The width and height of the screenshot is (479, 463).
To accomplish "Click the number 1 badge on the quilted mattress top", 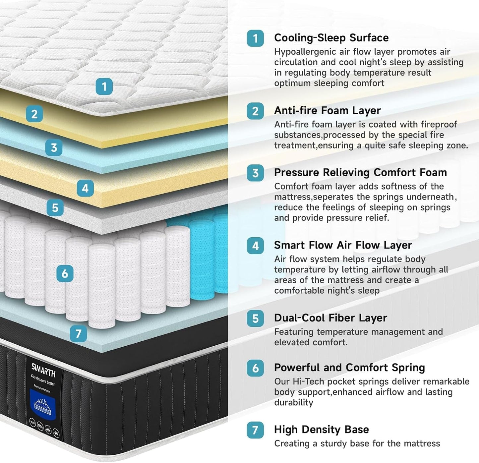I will tap(104, 87).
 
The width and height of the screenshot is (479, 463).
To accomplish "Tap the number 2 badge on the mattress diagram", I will tap(34, 114).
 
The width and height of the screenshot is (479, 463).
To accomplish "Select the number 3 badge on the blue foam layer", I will tap(54, 147).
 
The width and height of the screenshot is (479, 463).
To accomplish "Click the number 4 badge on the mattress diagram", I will tap(85, 188).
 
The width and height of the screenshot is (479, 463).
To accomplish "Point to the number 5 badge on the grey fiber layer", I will tap(55, 208).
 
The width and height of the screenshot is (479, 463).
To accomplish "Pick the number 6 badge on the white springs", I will tap(65, 273).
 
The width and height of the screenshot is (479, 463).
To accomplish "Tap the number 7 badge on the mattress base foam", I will tap(79, 333).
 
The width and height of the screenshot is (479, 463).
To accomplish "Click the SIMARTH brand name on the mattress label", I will tap(43, 370).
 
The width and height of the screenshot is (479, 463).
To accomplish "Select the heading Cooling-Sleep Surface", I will tap(331, 38).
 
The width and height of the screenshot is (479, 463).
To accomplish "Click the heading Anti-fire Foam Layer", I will tap(327, 110).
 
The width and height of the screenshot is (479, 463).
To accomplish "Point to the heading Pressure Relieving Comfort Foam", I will tap(360, 172).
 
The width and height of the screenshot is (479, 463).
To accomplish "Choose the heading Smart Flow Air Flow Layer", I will tap(343, 245).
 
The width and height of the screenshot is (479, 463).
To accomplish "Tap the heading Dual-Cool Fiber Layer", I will tap(330, 318).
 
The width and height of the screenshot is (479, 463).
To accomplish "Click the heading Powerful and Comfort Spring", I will tap(349, 368).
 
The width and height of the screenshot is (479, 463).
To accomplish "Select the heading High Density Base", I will tap(321, 430).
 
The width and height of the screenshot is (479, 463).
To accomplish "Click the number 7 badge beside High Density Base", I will tap(255, 430).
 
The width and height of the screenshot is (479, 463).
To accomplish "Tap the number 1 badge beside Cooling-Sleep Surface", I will tap(255, 38).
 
